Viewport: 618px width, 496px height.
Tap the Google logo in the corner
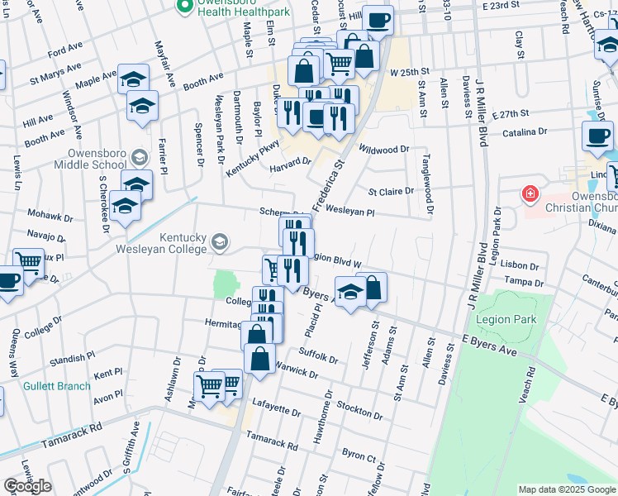pyautogui.click(x=27, y=486)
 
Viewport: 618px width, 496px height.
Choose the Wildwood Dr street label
pyautogui.click(x=385, y=149)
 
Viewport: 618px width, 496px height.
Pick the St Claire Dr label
pyautogui.click(x=391, y=191)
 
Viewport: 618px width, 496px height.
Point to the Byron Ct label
pyautogui.click(x=359, y=456)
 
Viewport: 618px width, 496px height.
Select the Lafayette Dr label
pyautogui.click(x=276, y=410)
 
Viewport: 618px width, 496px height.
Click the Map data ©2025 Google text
pyautogui.click(x=566, y=489)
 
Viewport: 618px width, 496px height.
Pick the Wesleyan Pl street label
pyautogui.click(x=350, y=212)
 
